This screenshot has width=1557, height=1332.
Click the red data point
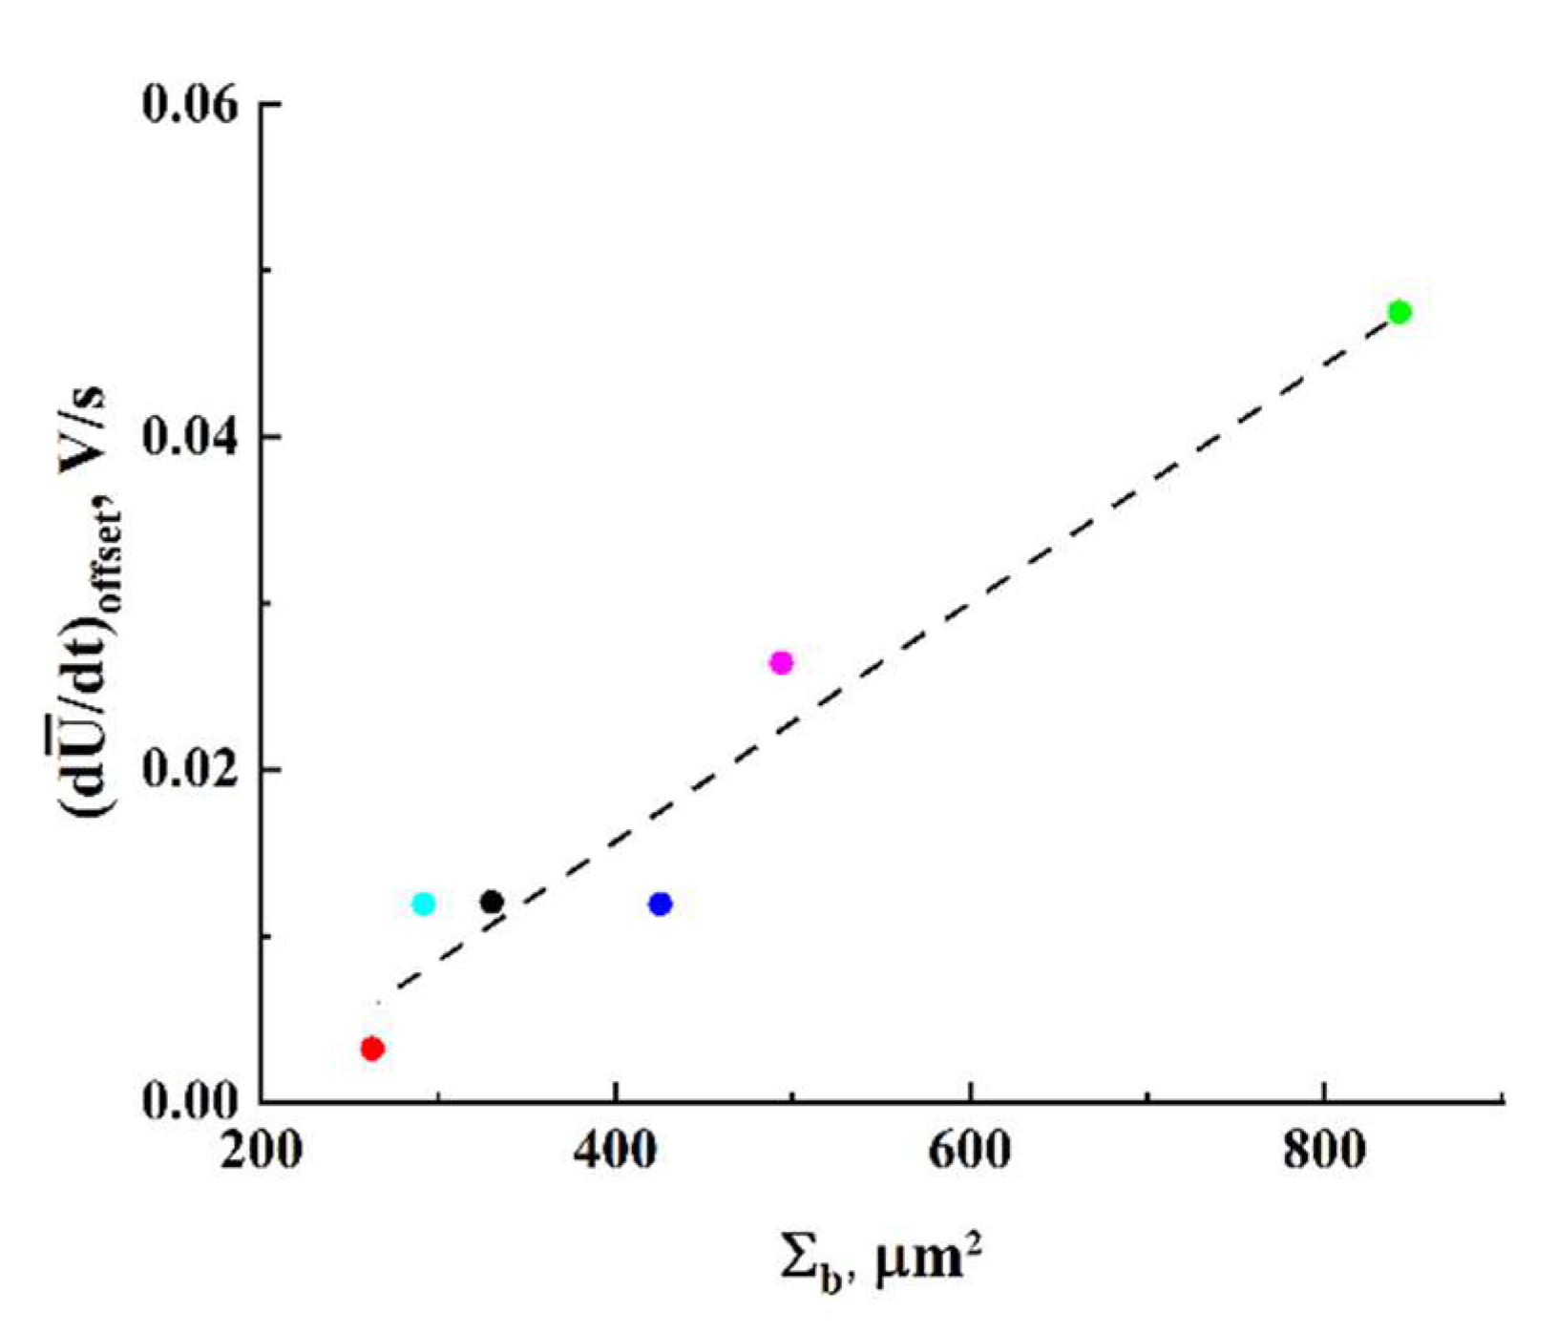(372, 1049)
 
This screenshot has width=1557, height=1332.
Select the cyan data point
(424, 904)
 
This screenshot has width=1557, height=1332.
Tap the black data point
(492, 902)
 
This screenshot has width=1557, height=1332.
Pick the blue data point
(660, 904)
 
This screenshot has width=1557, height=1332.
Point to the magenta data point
(781, 662)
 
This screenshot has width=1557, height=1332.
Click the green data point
(1399, 312)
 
